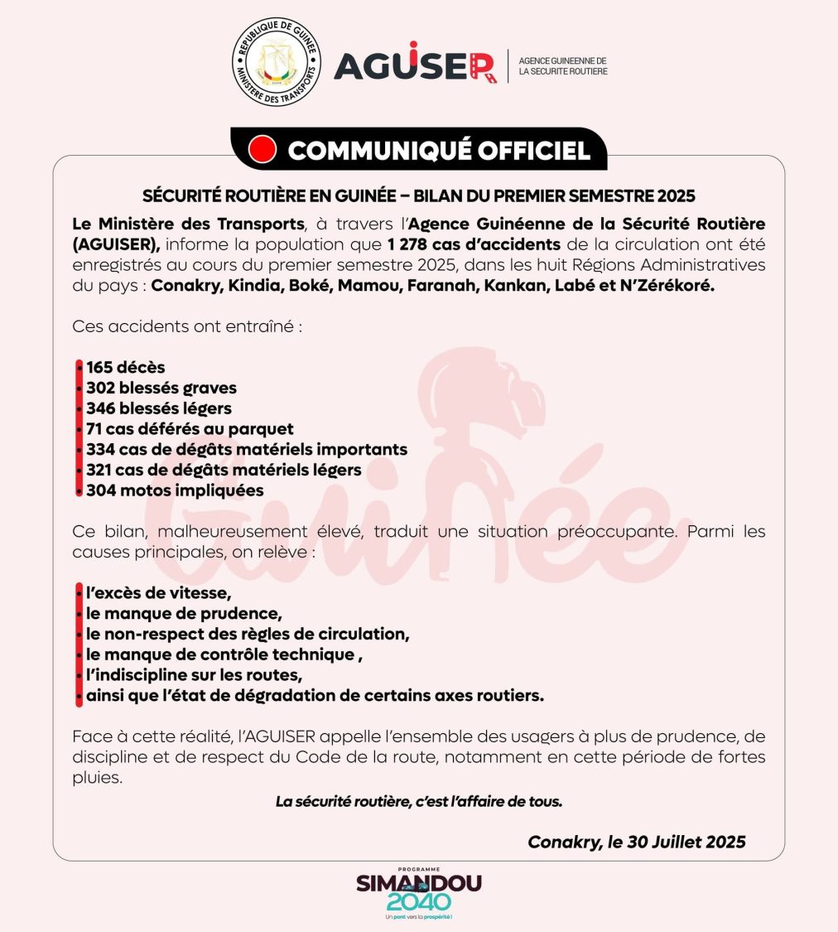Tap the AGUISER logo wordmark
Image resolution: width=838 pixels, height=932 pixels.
[x=414, y=65]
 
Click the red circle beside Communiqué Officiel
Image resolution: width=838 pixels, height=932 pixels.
[x=262, y=150]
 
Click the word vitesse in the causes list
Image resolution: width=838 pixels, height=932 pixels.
[x=200, y=593]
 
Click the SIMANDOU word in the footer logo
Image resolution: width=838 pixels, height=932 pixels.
[x=418, y=883]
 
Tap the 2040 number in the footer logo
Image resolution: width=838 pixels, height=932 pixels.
[x=419, y=902]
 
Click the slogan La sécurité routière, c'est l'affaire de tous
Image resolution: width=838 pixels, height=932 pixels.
[x=419, y=802]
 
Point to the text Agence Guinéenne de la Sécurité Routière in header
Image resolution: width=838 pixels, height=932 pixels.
[x=562, y=66]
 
